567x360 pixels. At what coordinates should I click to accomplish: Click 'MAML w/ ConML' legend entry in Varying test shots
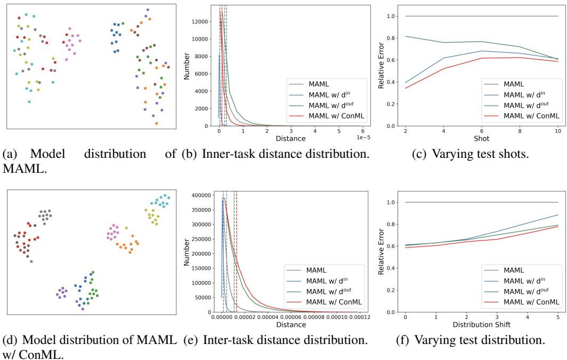(x=531, y=115)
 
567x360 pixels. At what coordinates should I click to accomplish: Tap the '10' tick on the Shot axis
(x=557, y=131)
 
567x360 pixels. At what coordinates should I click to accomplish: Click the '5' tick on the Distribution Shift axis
(x=557, y=317)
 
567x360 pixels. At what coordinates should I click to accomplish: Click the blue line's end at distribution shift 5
(x=557, y=215)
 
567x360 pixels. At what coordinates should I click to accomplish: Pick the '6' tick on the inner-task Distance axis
(x=362, y=131)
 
